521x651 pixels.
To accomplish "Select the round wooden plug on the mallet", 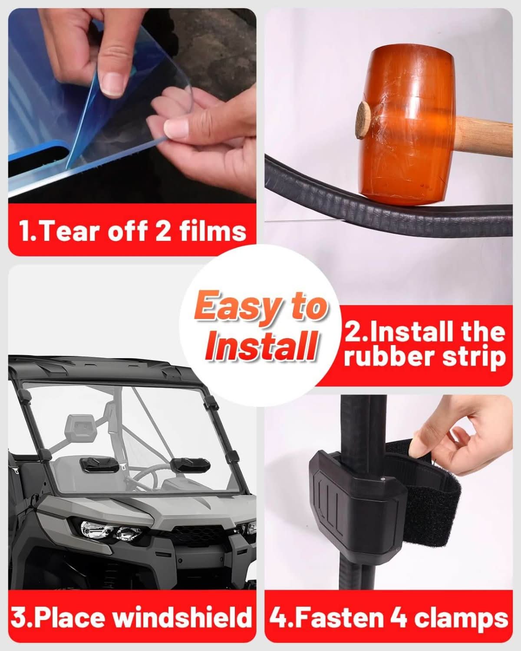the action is pos(363,120).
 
